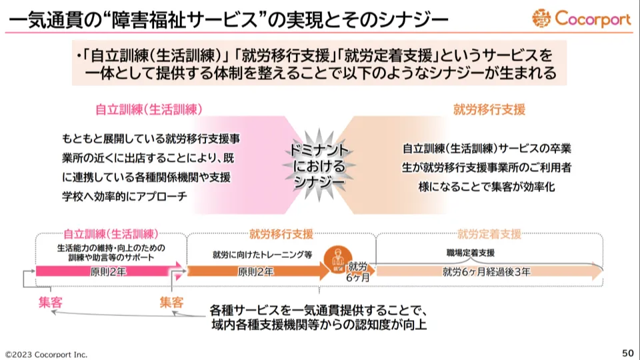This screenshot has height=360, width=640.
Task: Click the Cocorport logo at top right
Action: point(581,19)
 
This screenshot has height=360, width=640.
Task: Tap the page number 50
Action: point(627,353)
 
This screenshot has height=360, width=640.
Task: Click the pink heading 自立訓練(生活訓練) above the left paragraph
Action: point(149,107)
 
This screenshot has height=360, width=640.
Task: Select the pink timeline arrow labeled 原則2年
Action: point(107,271)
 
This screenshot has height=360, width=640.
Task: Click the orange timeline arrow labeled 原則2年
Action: point(256,271)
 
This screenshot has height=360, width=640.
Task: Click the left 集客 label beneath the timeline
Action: point(51,302)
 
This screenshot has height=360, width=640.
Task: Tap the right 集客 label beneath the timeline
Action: point(171,302)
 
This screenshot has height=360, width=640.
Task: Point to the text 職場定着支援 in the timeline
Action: point(471,253)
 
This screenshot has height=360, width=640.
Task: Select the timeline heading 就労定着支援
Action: point(489,234)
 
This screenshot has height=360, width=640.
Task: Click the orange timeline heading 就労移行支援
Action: point(281,234)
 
